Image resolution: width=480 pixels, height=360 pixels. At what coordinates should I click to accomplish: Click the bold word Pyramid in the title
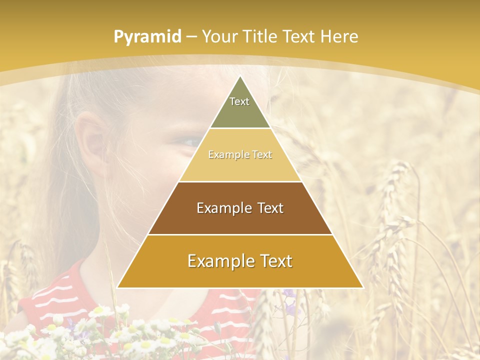tap(147, 36)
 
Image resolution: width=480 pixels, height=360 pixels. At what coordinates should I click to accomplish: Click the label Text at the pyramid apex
tap(239, 101)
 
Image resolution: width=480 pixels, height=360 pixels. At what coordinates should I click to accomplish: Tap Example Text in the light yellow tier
tap(240, 155)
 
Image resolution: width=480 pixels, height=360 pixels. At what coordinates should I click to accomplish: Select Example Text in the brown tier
tap(240, 208)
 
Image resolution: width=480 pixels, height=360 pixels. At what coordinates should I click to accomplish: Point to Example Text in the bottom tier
tap(240, 261)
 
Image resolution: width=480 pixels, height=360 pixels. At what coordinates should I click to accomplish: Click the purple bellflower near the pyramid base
tap(289, 294)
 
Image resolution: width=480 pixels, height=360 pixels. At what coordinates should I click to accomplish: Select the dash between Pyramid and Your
tap(191, 36)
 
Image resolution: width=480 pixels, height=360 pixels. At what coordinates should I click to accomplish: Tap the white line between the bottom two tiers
tap(240, 234)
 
